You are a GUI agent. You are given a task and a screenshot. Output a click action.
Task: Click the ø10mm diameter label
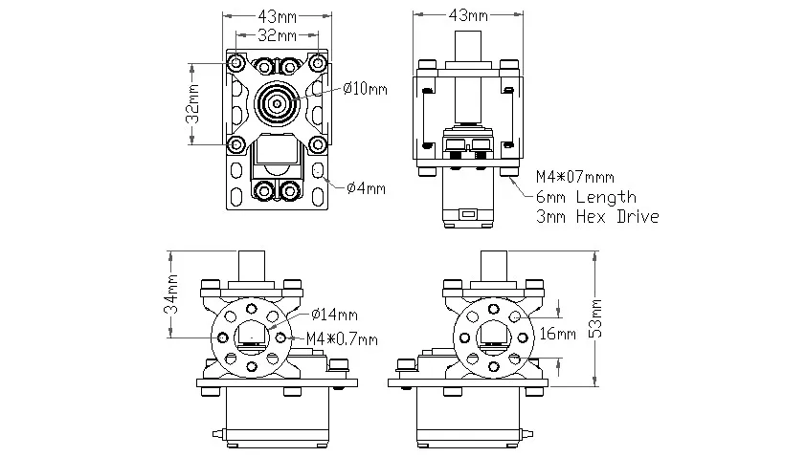pos(365,89)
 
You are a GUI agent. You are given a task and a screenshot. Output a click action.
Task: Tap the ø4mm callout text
pos(366,188)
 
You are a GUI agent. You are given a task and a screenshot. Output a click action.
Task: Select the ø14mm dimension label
pos(335,315)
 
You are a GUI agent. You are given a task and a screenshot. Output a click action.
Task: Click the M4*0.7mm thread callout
pos(342,338)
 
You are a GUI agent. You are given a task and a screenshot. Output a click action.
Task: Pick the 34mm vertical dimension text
pos(170,294)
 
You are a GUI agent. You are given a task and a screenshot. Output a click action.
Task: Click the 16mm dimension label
pos(558,334)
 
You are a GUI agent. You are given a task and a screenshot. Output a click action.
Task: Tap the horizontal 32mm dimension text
pos(277,35)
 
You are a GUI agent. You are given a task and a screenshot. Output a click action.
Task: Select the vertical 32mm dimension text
pos(192,104)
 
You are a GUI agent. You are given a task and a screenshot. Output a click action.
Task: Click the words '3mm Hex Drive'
pos(597,216)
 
